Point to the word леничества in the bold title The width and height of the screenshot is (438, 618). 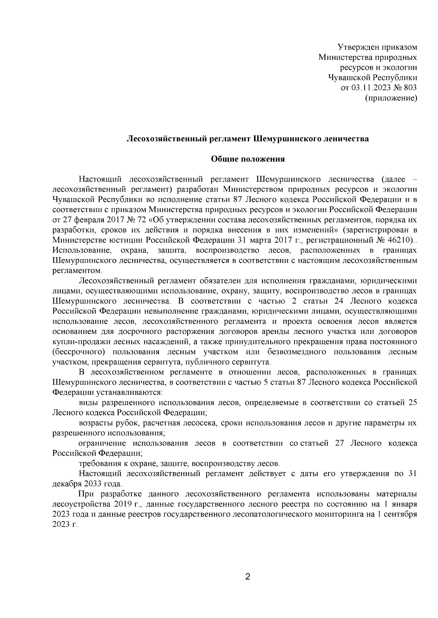coord(346,139)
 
